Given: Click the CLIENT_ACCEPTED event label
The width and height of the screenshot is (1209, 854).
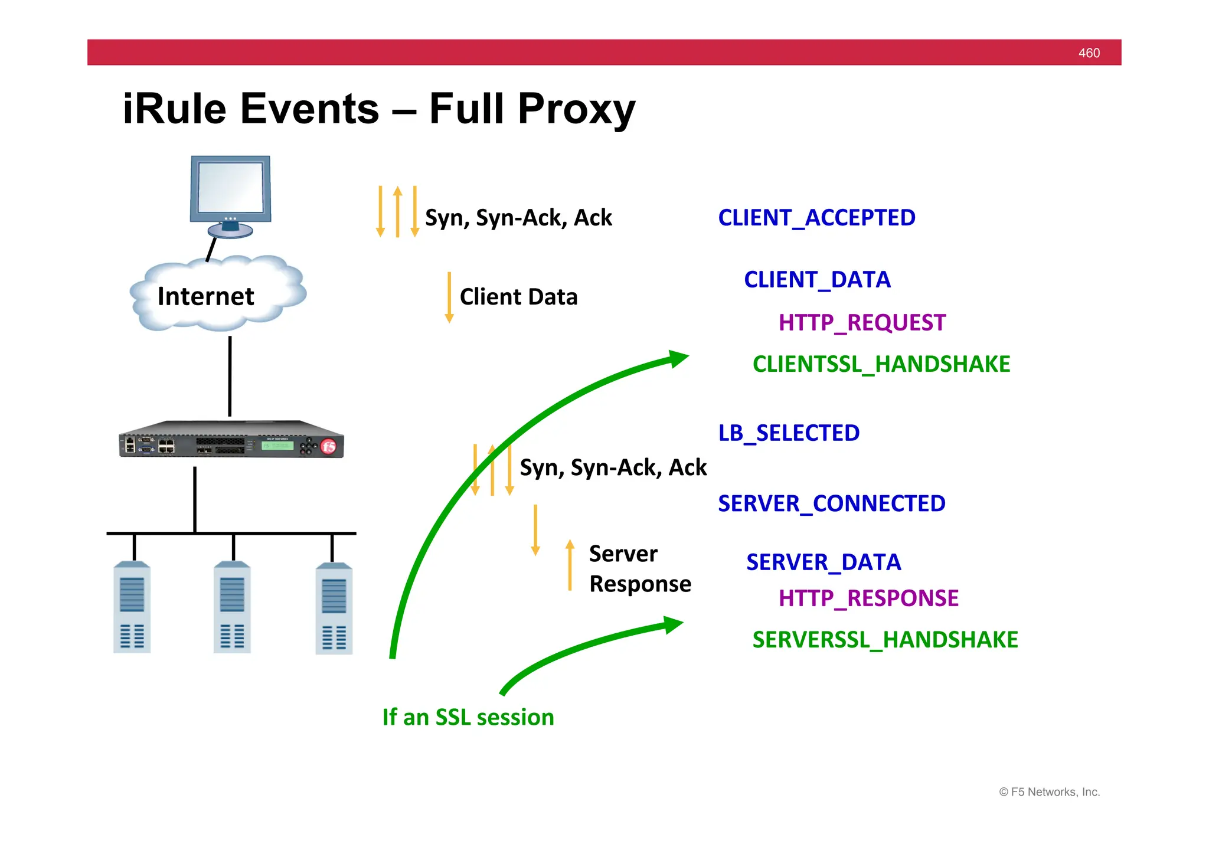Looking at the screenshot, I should coord(816,218).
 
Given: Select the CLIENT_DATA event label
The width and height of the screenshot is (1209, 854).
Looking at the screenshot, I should coord(817,280).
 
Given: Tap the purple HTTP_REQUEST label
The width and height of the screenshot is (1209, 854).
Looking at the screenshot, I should coord(862,323).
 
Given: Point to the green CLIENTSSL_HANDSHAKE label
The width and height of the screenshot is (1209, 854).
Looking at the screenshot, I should coord(881,364).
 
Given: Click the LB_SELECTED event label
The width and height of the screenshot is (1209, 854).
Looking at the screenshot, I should coord(789,433).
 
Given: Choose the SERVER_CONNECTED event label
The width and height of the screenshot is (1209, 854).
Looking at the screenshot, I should coord(832,503).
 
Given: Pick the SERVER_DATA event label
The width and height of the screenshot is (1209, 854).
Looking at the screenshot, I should coord(824,562).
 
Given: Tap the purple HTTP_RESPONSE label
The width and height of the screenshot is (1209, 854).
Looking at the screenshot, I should coord(868,598).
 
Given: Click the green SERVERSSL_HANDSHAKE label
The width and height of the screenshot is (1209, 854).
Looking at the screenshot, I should coord(885,640).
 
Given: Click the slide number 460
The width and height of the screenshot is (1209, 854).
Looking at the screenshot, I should coord(1089,53).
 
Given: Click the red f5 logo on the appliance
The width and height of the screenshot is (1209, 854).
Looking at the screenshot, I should coord(329,447).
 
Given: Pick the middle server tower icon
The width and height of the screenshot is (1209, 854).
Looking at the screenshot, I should coord(232,608).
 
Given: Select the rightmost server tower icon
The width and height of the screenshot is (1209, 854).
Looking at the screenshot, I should coord(334,608).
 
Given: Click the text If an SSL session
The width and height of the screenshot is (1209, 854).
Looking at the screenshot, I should coord(468,717).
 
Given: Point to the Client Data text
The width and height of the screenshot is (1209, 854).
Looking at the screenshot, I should coord(518,297).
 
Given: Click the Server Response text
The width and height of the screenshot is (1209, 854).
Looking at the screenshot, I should coord(639,569).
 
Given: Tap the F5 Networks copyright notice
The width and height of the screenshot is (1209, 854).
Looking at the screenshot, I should coord(1049,792).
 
